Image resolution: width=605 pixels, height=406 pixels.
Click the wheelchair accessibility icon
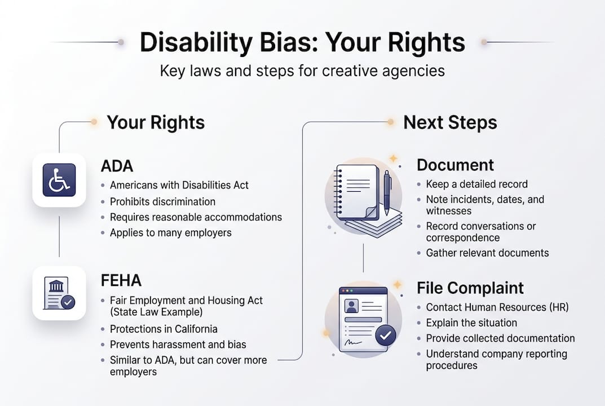coord(59,180)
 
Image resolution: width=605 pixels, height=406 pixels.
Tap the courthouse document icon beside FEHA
coord(59,293)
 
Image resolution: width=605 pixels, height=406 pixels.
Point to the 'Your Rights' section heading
coord(156,122)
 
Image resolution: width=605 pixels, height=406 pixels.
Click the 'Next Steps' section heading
coord(450,122)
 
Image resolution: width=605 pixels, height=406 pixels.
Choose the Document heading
coord(455,165)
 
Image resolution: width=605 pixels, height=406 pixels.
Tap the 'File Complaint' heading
coord(470,288)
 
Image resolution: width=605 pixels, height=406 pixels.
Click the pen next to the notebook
coord(387,192)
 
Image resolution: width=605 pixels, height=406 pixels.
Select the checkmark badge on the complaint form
coord(386,336)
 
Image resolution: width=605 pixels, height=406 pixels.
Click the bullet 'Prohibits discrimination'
coord(162,201)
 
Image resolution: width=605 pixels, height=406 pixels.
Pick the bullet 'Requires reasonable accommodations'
coord(196,217)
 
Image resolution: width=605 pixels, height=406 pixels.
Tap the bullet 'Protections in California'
coord(164,329)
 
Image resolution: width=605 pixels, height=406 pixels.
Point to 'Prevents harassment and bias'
coord(178,345)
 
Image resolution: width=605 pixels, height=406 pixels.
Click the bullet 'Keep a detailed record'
coord(476,184)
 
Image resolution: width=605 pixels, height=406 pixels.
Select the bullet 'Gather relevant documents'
coord(487,253)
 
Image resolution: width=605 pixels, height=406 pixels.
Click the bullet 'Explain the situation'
coord(471,323)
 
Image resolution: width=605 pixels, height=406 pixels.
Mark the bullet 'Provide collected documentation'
coord(500,338)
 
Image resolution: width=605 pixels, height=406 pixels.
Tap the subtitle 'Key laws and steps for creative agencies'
coord(302,71)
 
